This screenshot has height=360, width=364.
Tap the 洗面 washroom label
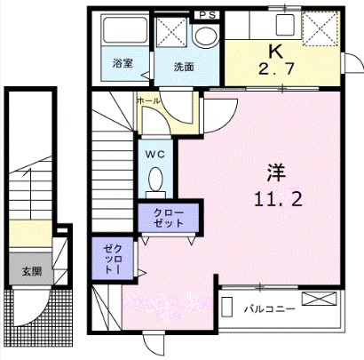[184, 66]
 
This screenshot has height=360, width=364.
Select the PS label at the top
[207, 15]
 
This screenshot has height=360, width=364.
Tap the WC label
[156, 152]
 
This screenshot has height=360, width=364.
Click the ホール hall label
[148, 101]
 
